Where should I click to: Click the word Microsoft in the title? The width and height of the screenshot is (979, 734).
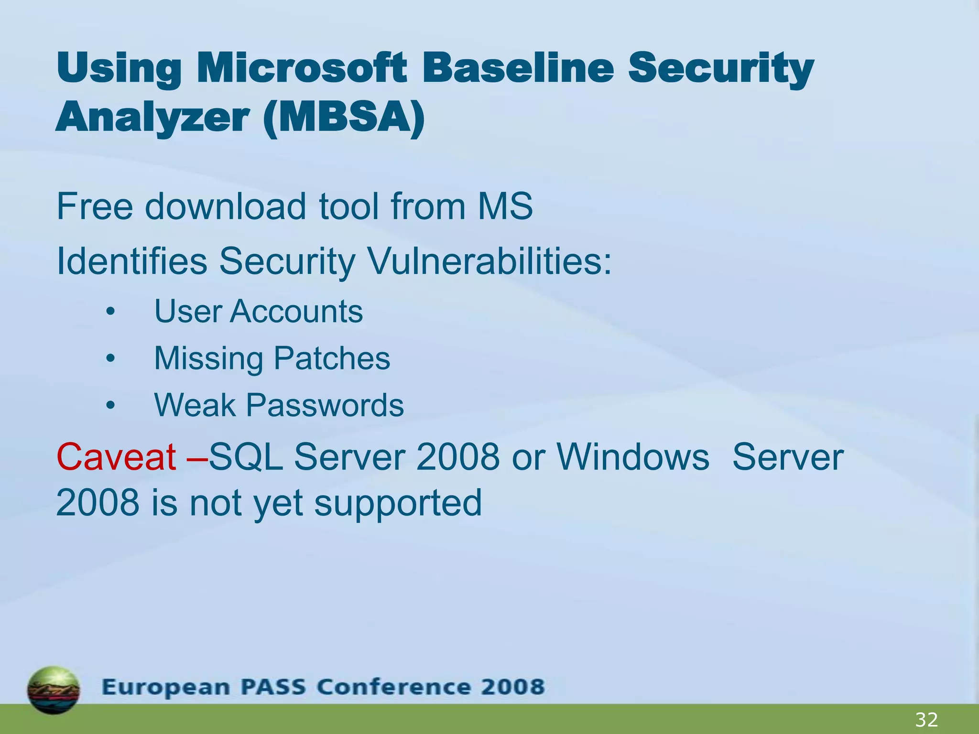[302, 68]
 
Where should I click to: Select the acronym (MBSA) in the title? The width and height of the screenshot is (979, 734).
[344, 118]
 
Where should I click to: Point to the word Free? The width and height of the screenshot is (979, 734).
[95, 206]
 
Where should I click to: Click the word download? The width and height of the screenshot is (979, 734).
[225, 206]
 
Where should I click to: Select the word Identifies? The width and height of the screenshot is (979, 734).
[132, 261]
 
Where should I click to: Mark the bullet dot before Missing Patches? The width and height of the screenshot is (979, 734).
[110, 359]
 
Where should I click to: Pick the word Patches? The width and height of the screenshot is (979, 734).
[332, 358]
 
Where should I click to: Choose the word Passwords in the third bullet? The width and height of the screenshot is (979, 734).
[325, 405]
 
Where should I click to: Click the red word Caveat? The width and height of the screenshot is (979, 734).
[116, 457]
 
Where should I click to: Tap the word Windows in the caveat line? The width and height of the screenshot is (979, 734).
[633, 457]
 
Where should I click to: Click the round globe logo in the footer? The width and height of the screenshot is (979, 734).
[54, 690]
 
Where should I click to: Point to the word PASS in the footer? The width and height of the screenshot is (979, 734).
[272, 687]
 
